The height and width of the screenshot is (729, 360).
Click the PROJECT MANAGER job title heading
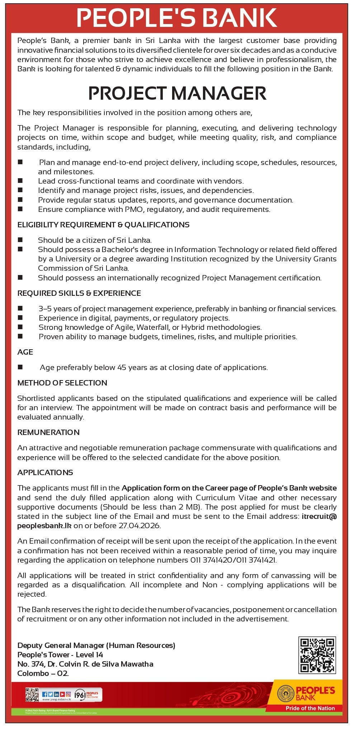coord(177,93)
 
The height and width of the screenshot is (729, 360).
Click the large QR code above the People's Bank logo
coord(317,655)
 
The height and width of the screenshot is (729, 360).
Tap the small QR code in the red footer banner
coord(32,695)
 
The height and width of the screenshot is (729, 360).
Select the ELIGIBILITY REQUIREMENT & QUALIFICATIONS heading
coord(103,225)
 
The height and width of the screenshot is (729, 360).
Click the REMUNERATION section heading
coord(48,432)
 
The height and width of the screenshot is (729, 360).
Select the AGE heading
coord(25,352)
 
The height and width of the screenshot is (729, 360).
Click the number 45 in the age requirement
coord(122,368)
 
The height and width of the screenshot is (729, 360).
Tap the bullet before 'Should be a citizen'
coord(20,240)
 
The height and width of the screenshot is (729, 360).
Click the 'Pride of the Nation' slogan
coord(310,708)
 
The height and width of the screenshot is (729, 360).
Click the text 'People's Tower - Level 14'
coord(60,655)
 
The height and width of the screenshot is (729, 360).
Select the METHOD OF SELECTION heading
coord(62,383)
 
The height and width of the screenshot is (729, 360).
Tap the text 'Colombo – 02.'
coord(43,673)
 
